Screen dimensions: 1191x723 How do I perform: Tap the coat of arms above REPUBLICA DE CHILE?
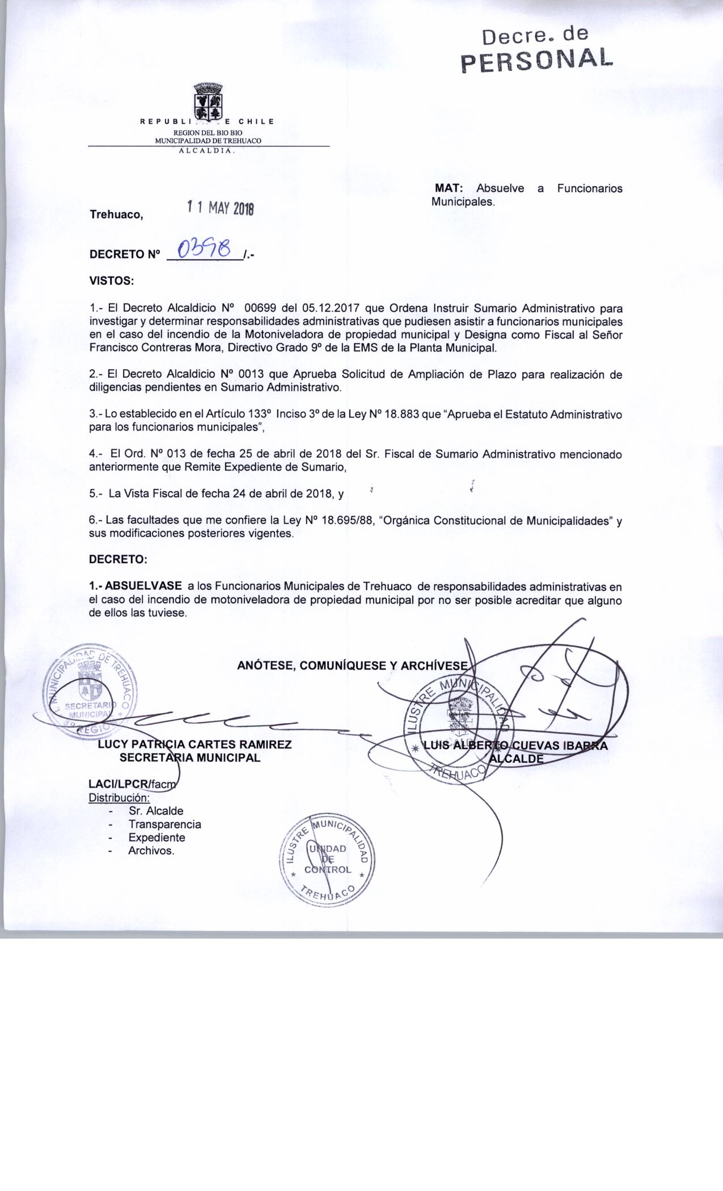tap(208, 100)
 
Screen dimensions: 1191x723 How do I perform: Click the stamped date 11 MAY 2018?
tap(221, 208)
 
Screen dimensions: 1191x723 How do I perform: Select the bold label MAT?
tap(449, 188)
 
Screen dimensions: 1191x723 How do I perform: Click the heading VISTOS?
tap(111, 281)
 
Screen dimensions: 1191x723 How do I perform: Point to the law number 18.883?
tap(403, 415)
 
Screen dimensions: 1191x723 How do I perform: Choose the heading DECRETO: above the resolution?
tap(118, 559)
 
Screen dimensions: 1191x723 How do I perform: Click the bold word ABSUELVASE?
tap(143, 585)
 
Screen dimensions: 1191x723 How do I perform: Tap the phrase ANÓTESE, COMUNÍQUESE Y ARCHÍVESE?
tap(353, 666)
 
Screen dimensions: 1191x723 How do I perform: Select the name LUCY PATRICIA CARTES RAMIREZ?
tap(195, 745)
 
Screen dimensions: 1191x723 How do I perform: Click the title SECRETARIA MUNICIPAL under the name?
tap(189, 758)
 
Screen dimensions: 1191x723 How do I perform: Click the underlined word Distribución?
tap(119, 798)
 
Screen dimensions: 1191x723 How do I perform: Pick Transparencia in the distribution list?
tap(164, 825)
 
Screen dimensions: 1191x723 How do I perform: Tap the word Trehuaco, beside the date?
tap(116, 215)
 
